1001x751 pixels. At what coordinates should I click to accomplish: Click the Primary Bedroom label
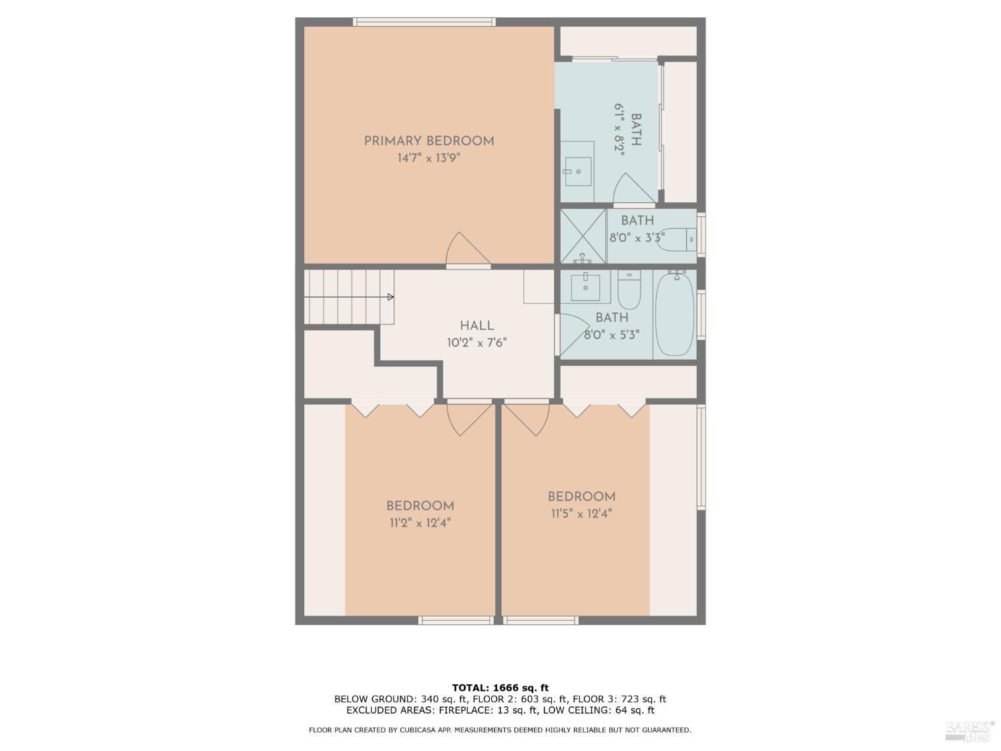(428, 141)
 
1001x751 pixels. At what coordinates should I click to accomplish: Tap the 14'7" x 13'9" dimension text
(428, 158)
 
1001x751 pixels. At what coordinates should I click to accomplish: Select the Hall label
(476, 326)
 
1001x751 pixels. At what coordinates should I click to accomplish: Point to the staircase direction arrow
(390, 297)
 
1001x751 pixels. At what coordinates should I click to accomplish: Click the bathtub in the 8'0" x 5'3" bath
(675, 314)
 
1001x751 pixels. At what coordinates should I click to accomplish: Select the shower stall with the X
(583, 236)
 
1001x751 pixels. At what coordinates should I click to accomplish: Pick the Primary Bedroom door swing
(467, 250)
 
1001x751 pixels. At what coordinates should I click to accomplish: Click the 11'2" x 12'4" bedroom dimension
(420, 523)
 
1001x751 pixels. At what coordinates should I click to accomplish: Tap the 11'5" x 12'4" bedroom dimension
(581, 514)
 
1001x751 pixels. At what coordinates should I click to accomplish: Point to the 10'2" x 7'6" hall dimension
(476, 343)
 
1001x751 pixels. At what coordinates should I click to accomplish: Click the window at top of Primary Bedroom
(424, 22)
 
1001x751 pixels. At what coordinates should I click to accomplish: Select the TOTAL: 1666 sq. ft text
(500, 688)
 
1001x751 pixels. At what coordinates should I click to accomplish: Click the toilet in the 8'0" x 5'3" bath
(629, 288)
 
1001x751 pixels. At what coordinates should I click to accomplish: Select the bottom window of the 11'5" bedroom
(540, 621)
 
